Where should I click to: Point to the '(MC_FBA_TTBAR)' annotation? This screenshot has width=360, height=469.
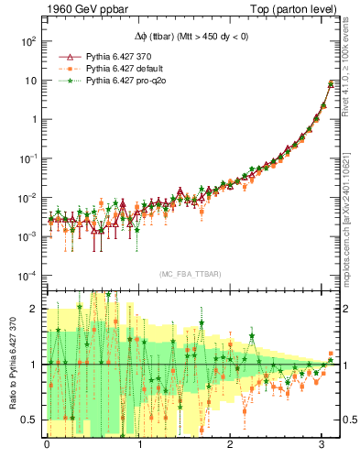(x=190, y=275)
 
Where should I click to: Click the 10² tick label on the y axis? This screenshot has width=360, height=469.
(x=27, y=41)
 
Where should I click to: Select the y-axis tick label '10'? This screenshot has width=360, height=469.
(x=30, y=81)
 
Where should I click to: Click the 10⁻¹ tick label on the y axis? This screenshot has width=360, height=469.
(x=27, y=158)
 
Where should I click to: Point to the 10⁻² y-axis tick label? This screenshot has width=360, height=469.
(x=27, y=198)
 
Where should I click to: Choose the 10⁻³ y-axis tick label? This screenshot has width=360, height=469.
(x=27, y=236)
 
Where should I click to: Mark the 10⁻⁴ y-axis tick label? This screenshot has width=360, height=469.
(x=27, y=276)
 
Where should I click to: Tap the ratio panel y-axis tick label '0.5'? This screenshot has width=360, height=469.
(x=30, y=420)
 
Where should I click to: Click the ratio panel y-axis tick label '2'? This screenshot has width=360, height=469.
(x=34, y=310)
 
